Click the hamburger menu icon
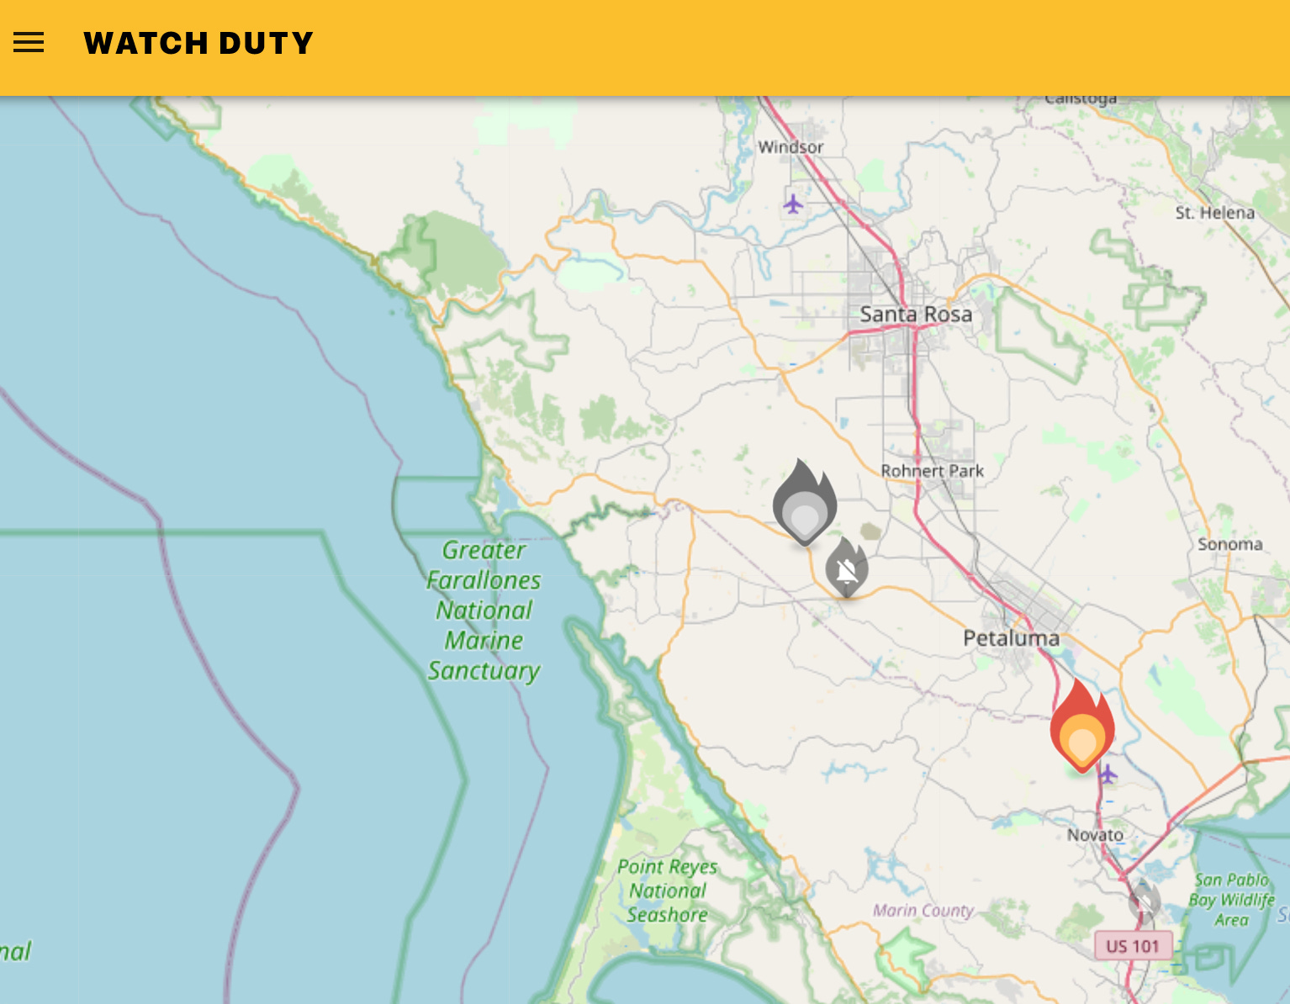[29, 43]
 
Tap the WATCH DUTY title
[198, 43]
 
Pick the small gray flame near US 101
[1144, 901]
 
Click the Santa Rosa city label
[916, 314]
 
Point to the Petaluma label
[1011, 638]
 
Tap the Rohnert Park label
[932, 471]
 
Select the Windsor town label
[790, 147]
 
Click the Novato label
[1095, 835]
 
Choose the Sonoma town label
[1229, 544]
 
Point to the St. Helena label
[1214, 213]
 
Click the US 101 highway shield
[1132, 946]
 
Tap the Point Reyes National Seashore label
[668, 890]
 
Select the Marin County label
[923, 910]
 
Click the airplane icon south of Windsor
[793, 203]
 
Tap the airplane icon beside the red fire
[1108, 774]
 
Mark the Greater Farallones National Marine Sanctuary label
[484, 610]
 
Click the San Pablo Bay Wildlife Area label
[1231, 900]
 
